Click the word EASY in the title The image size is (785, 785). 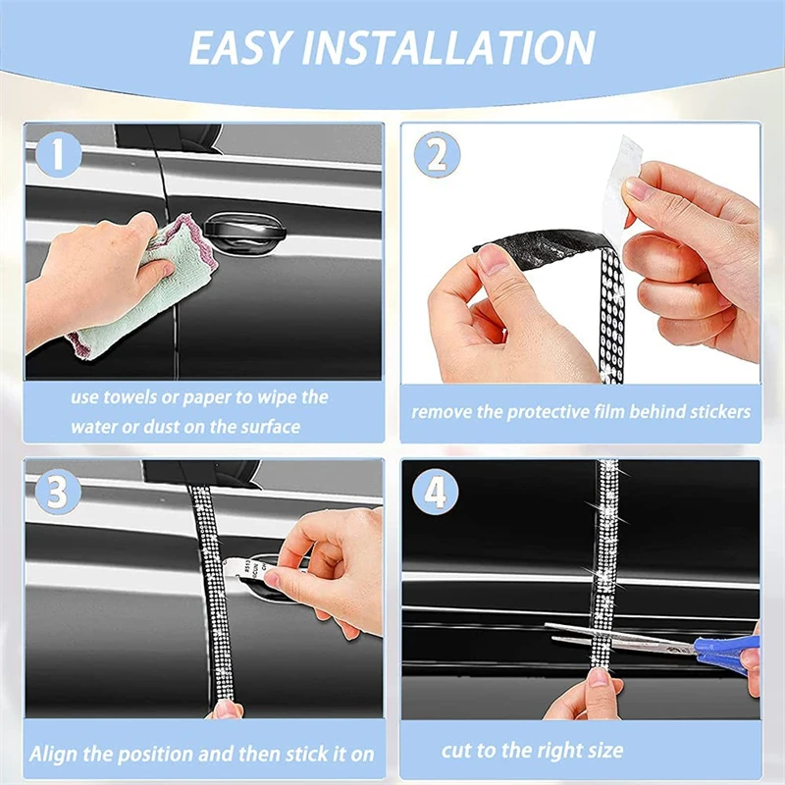tap(239, 47)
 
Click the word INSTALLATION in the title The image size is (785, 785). tap(448, 47)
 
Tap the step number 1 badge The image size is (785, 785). tap(58, 155)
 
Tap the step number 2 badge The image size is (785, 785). tap(437, 155)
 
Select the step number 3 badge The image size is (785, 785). tap(58, 492)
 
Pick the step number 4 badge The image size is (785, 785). tap(435, 492)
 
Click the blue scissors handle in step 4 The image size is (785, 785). tap(728, 649)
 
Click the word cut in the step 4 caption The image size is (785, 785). tap(456, 751)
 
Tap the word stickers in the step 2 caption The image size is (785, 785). tap(720, 412)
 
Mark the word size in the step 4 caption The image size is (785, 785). tap(606, 751)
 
